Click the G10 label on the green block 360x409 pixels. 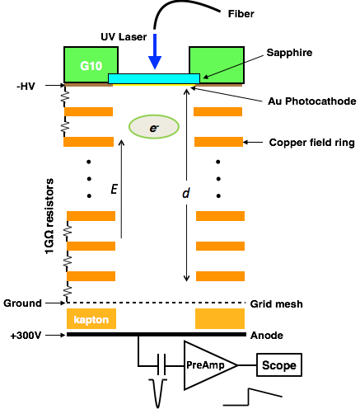coord(91,66)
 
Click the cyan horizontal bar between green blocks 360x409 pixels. coord(154,78)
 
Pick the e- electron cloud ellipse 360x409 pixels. coord(154,127)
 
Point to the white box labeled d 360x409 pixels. coord(189,193)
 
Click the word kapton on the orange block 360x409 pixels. coord(91,319)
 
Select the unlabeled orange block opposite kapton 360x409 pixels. coord(220,319)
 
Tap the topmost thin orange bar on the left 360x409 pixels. coord(88,111)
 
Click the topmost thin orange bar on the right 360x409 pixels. coord(217,111)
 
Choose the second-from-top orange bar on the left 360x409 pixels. coord(88,142)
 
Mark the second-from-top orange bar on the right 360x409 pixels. coord(218,142)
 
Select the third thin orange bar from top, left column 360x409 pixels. coord(91,216)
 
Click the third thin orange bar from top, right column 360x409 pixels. coord(220,216)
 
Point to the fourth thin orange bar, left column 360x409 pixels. coord(91,246)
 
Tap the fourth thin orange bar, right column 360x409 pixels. coord(220,246)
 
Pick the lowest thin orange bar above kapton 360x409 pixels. coord(91,276)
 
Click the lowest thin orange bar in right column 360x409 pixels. coord(220,276)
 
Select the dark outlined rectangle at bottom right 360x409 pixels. coord(279,364)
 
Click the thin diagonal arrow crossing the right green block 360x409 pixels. coord(224,70)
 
